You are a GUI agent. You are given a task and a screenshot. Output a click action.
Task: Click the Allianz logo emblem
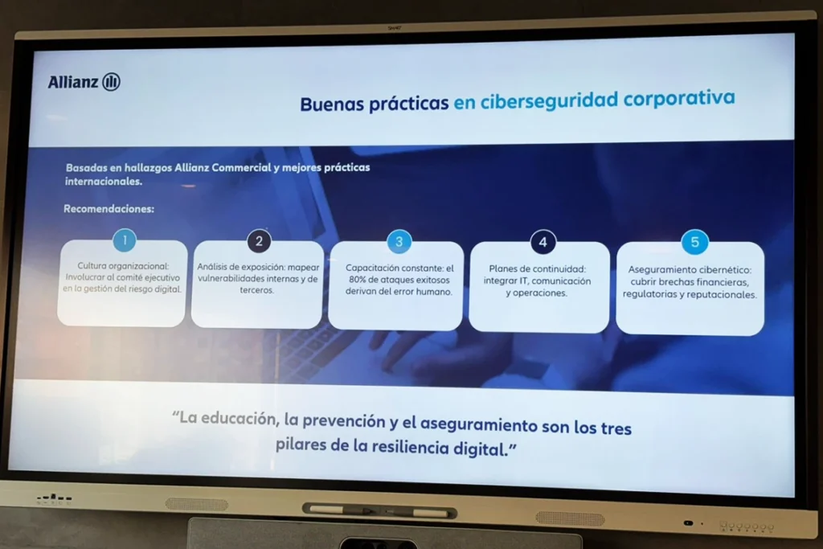pyautogui.click(x=112, y=82)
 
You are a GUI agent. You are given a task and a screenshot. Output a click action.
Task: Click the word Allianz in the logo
pyautogui.click(x=73, y=82)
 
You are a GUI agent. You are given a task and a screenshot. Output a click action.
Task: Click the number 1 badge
pyautogui.click(x=124, y=240)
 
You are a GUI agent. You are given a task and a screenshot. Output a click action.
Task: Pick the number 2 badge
pyautogui.click(x=259, y=240)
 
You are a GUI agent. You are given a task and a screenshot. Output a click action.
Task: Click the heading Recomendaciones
pyautogui.click(x=109, y=209)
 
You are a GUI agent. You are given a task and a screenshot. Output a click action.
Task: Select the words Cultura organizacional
pyautogui.click(x=123, y=265)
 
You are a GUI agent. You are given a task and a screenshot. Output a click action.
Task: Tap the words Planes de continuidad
pyautogui.click(x=537, y=269)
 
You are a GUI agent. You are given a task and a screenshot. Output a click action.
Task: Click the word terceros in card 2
pyautogui.click(x=257, y=290)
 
